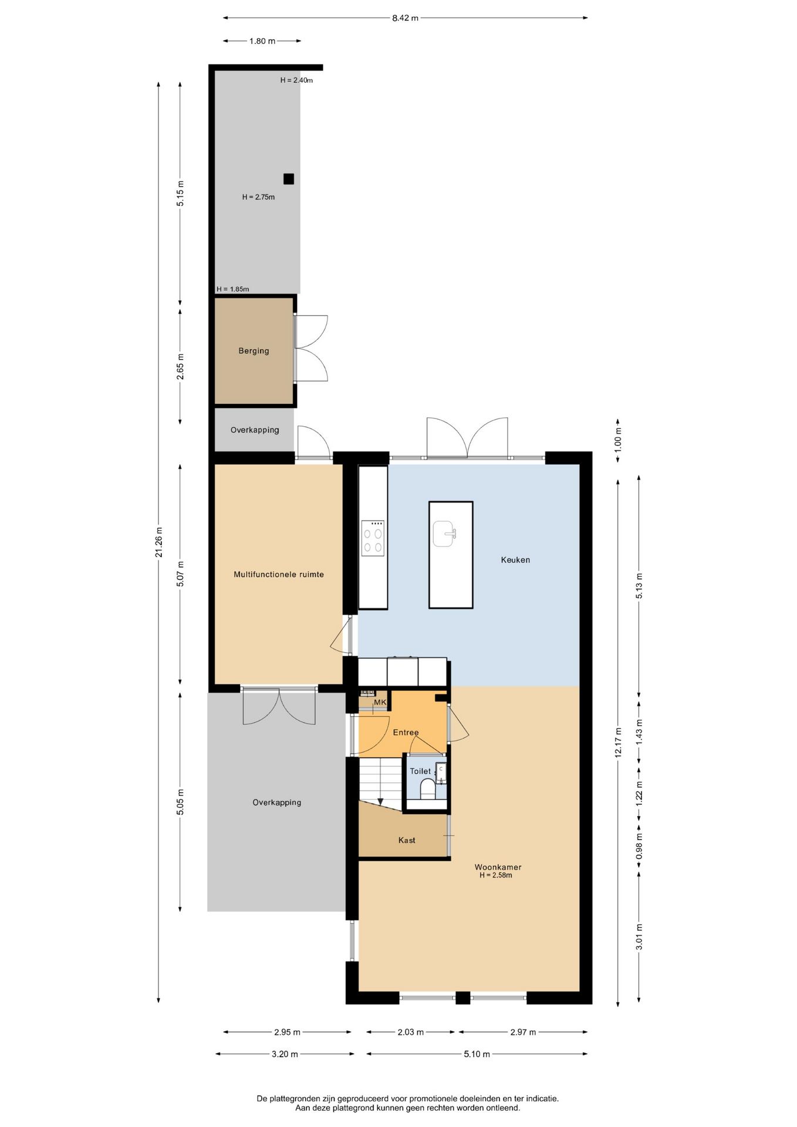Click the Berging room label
tap(254, 351)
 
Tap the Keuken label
tap(515, 560)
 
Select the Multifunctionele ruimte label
tap(279, 575)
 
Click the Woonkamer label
tap(498, 867)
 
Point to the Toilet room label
tap(420, 771)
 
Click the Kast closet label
tap(407, 841)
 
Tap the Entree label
tap(406, 733)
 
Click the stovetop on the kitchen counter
tap(373, 538)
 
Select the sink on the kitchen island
tap(444, 534)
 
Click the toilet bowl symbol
tap(427, 789)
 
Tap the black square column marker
tap(288, 179)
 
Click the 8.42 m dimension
tap(406, 18)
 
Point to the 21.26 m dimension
tap(158, 542)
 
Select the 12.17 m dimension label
tap(618, 743)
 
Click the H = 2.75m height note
tap(258, 197)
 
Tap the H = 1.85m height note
tap(232, 289)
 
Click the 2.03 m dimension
tap(411, 1032)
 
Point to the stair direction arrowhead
tap(380, 801)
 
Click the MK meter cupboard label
tap(380, 702)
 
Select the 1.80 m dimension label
tap(262, 41)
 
